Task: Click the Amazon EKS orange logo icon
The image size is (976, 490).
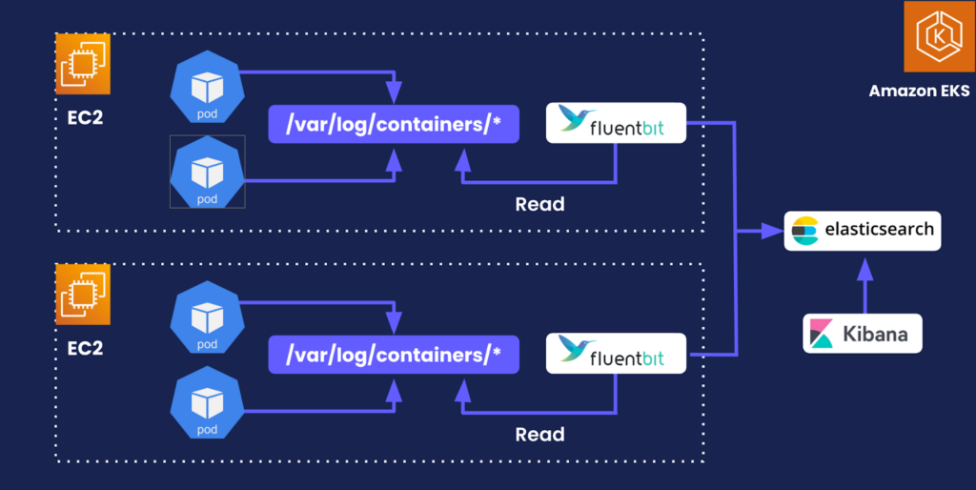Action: click(x=932, y=37)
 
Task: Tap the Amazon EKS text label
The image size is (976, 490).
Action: click(x=919, y=92)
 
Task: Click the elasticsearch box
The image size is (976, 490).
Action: click(x=863, y=231)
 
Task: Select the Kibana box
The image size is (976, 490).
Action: click(x=863, y=334)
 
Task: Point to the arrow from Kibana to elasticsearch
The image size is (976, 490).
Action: click(x=864, y=286)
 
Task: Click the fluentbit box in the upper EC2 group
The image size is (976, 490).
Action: click(x=616, y=123)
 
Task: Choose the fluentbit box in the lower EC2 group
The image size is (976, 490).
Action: click(x=616, y=353)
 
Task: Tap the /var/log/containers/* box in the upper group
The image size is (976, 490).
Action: click(x=394, y=124)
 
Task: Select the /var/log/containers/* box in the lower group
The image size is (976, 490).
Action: click(x=394, y=355)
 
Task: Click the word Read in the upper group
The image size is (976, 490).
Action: click(x=539, y=204)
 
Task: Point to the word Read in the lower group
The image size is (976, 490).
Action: click(x=539, y=435)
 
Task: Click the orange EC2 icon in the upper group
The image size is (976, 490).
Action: click(x=83, y=64)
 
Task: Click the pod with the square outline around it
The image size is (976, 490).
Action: click(x=207, y=172)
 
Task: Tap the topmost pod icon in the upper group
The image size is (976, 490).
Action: click(x=207, y=89)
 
